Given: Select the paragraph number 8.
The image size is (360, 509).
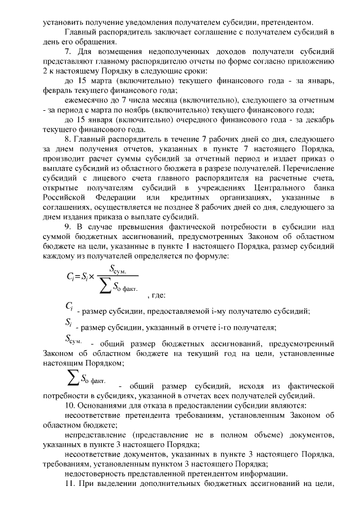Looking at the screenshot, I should (68, 137).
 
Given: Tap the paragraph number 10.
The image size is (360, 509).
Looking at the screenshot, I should (70, 406).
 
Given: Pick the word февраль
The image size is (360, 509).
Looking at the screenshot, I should (57, 91).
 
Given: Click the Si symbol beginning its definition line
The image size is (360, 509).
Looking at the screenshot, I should (68, 324).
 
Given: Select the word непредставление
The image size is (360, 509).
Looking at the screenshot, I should (94, 435).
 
